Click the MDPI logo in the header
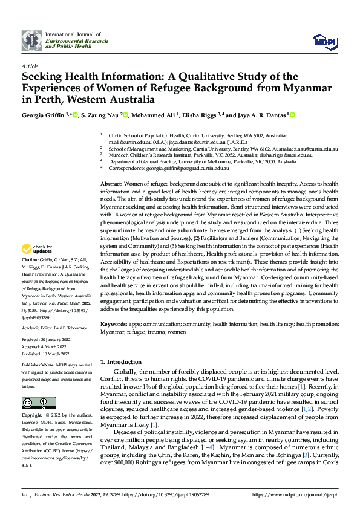tap(326, 41)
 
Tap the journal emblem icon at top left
tap(31, 41)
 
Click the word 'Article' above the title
tap(30, 66)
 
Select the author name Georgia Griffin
tap(45, 114)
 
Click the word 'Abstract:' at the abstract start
tap(111, 183)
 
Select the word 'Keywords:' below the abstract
tap(113, 325)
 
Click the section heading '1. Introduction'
tap(120, 361)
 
